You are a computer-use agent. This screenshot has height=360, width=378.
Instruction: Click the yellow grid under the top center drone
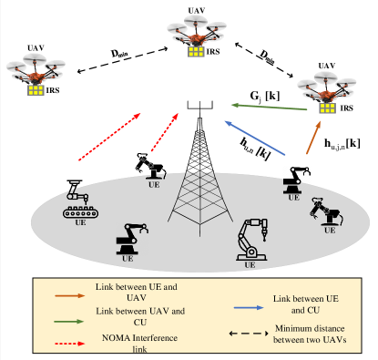pos(195,52)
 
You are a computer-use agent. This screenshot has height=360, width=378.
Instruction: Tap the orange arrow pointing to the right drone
pos(312,138)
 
